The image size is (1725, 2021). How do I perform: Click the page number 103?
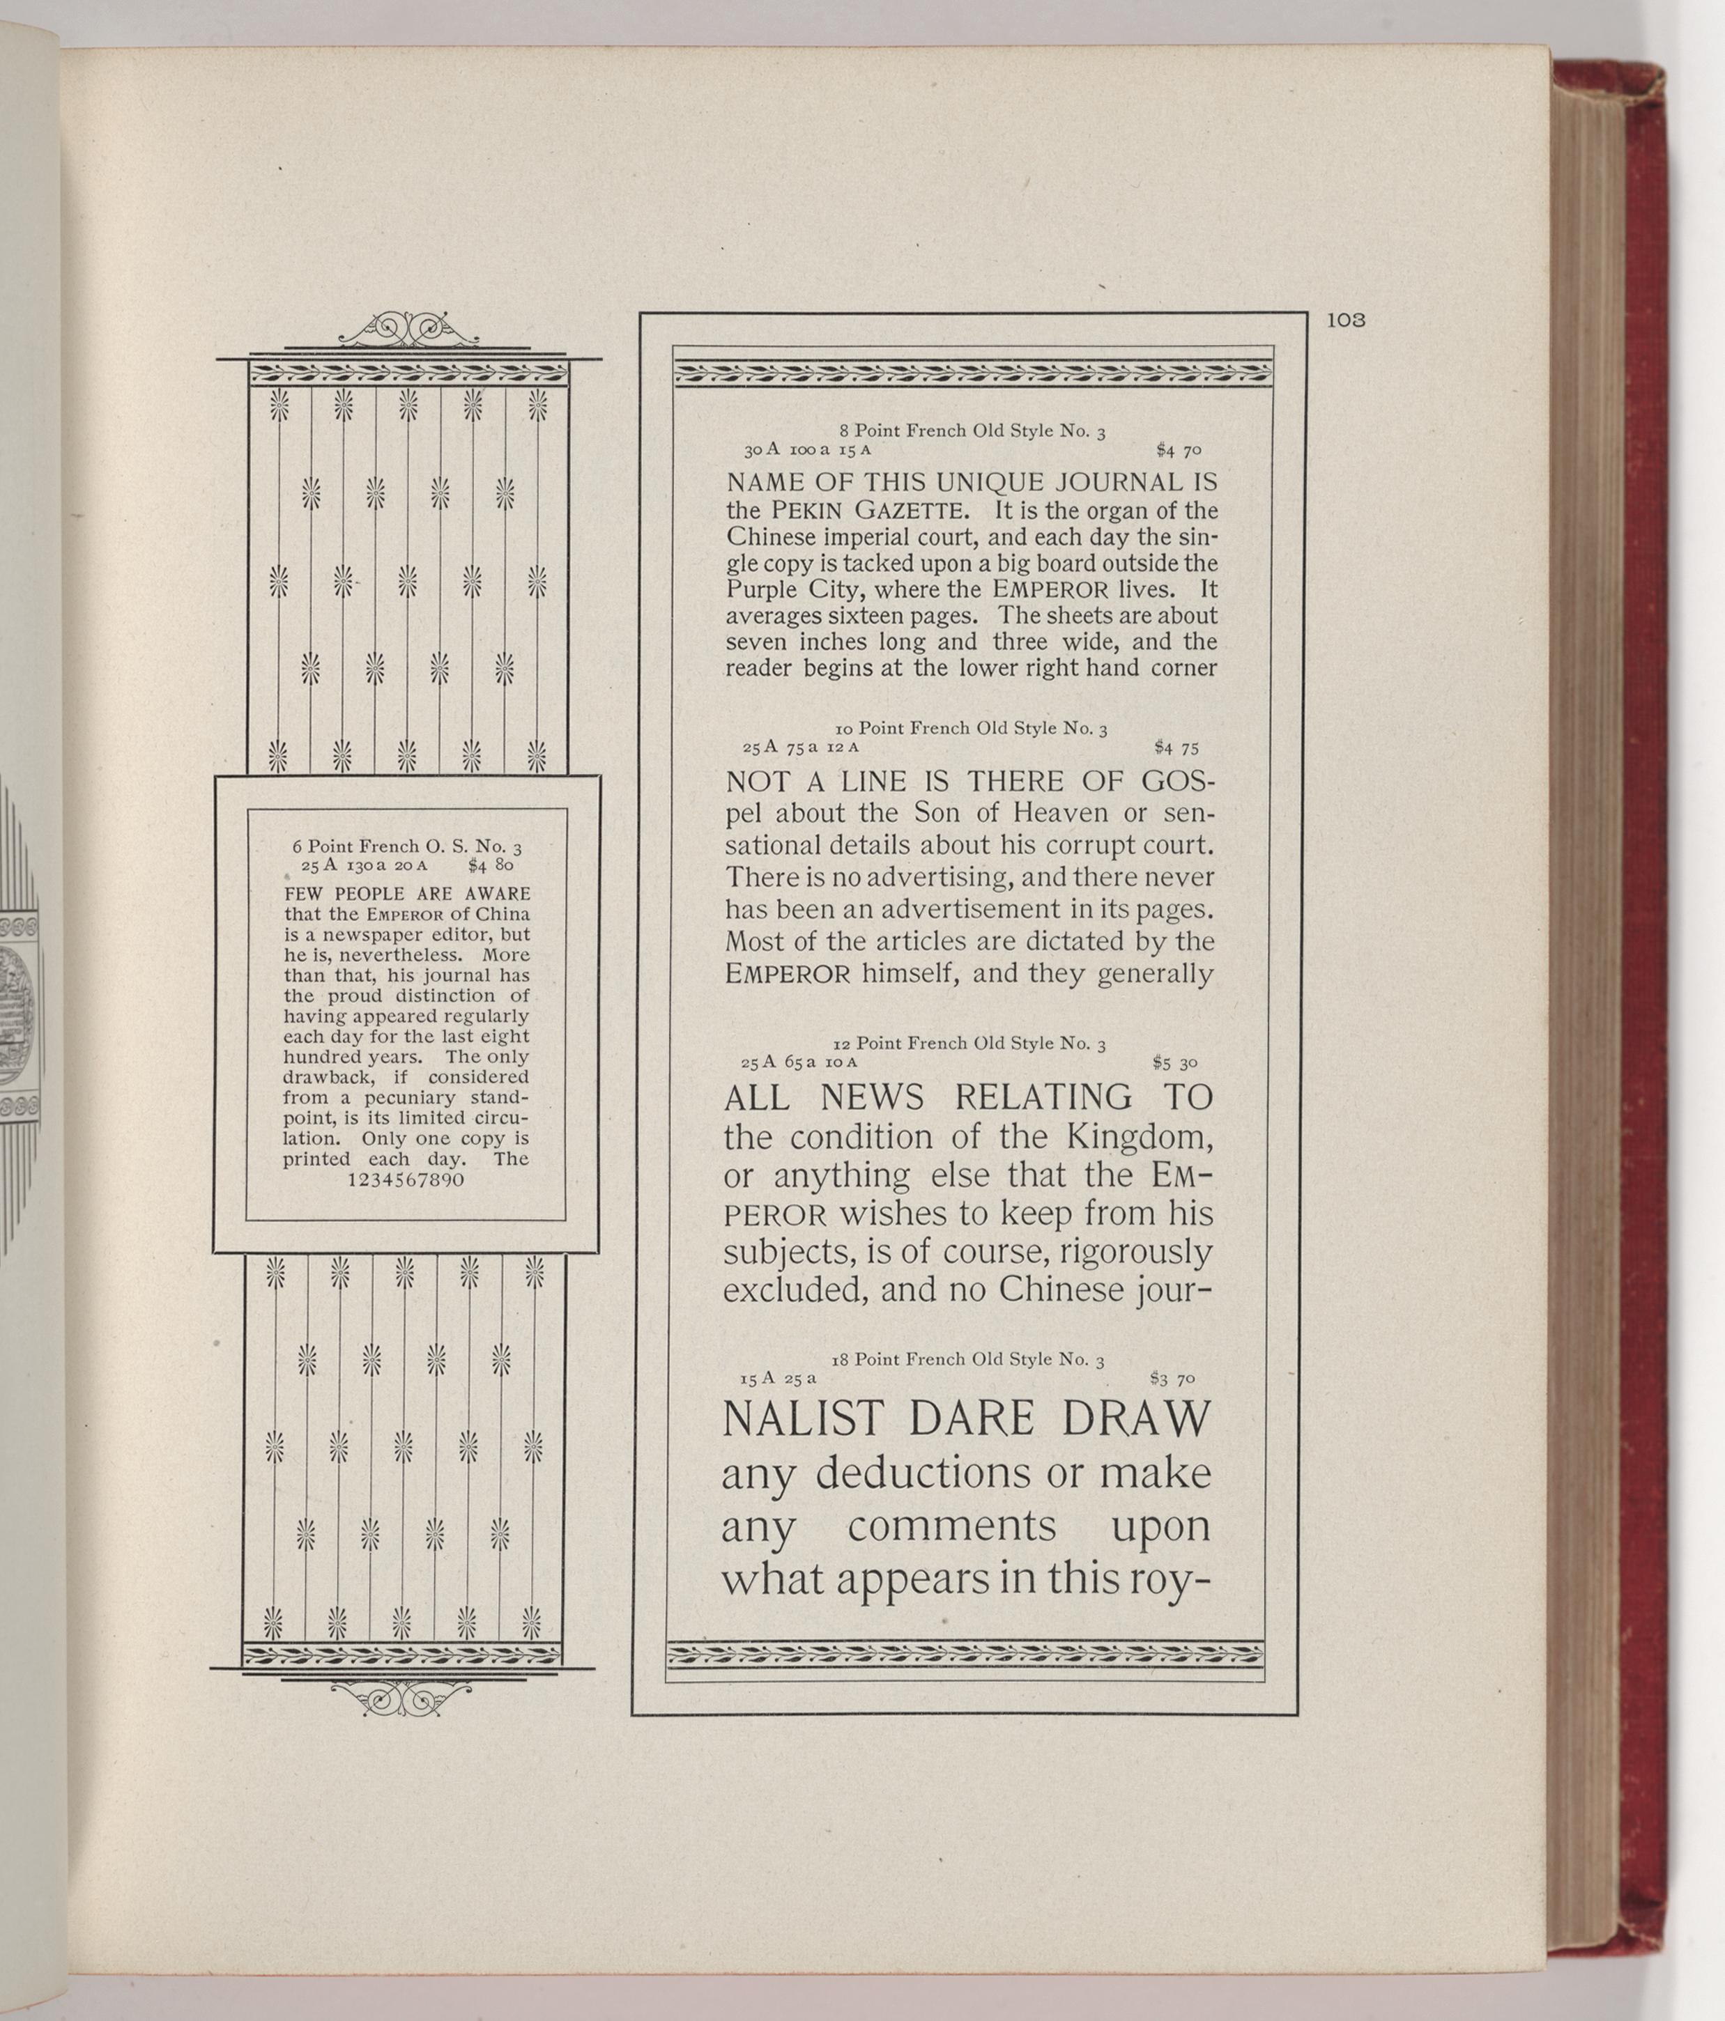(x=1345, y=320)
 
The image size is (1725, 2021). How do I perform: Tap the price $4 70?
(x=1178, y=451)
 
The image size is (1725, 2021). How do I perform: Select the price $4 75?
(x=1176, y=748)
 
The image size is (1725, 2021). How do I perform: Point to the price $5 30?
(x=1174, y=1063)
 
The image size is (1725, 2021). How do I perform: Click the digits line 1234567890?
(x=405, y=1179)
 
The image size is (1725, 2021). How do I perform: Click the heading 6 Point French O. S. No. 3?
(x=407, y=846)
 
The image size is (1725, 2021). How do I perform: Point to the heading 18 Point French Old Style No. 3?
(x=968, y=1358)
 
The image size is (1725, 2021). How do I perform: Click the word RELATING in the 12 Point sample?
(x=1043, y=1099)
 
